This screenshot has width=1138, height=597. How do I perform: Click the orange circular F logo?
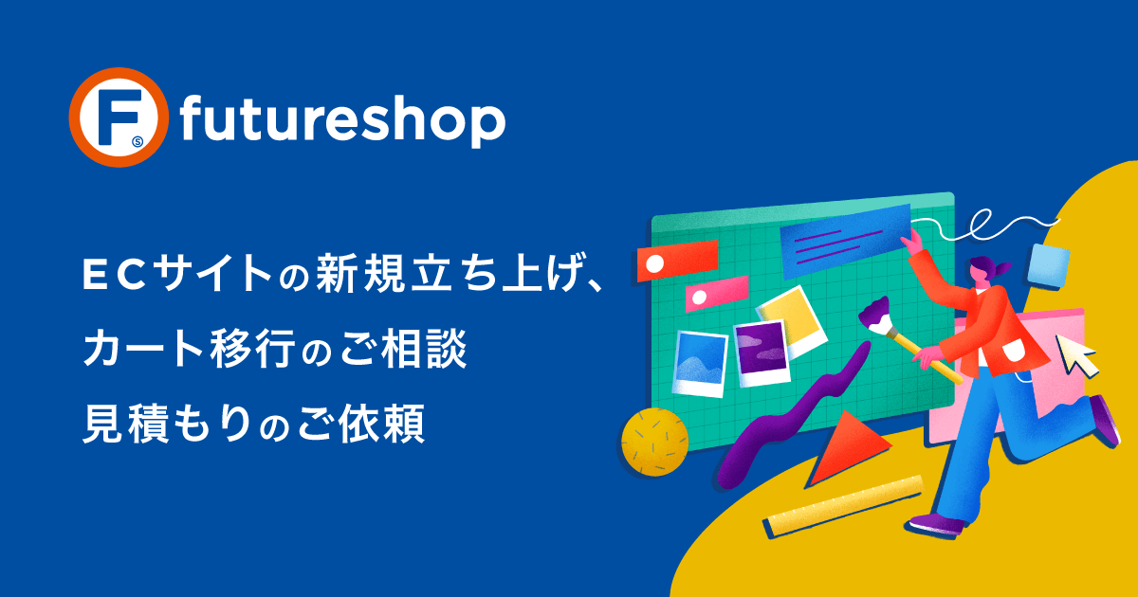click(119, 118)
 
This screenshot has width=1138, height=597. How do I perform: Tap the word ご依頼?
click(360, 424)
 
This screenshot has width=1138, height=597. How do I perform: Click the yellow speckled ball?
click(655, 443)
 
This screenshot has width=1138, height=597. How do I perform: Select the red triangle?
click(846, 446)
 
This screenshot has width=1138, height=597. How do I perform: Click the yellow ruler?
click(844, 507)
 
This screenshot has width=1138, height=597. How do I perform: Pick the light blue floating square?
click(1049, 266)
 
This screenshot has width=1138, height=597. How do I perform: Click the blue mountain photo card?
click(700, 363)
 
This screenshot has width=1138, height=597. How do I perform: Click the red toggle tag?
click(677, 261)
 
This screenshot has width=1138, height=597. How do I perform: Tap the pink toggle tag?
click(716, 294)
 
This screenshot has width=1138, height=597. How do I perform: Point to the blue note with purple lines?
click(846, 240)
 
